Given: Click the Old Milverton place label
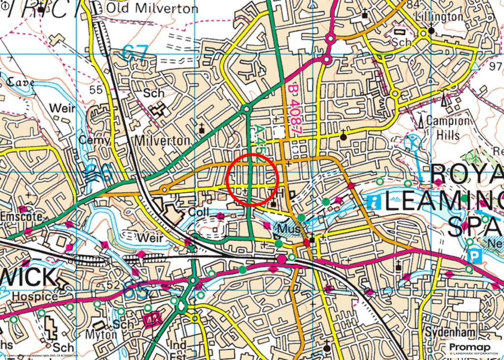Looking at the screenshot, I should [152, 8].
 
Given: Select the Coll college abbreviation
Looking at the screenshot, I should [199, 212].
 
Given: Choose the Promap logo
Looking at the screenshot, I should [473, 349].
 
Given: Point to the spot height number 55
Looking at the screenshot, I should [96, 89].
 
